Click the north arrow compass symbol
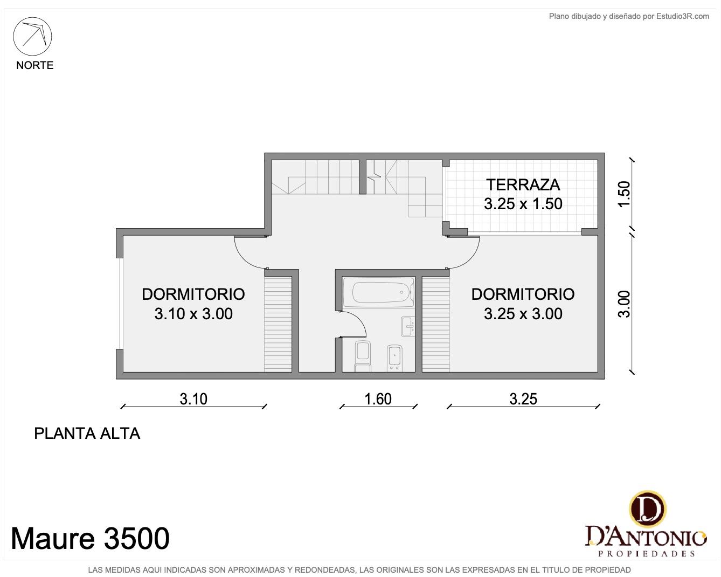coord(32,36)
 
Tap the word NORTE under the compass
coord(35,65)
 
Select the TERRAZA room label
coord(523,185)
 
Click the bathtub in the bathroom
coord(379,292)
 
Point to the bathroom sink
coord(408,326)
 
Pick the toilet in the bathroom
coord(363,356)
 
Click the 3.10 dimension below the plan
coord(193,399)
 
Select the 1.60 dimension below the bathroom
coord(378,399)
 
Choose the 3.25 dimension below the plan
coord(523,399)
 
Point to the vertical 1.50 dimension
coord(625,194)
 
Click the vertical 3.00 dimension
coord(625,304)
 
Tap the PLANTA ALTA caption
coord(87,434)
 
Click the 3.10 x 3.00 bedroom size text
coord(193,314)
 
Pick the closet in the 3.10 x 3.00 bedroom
coord(278,324)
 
